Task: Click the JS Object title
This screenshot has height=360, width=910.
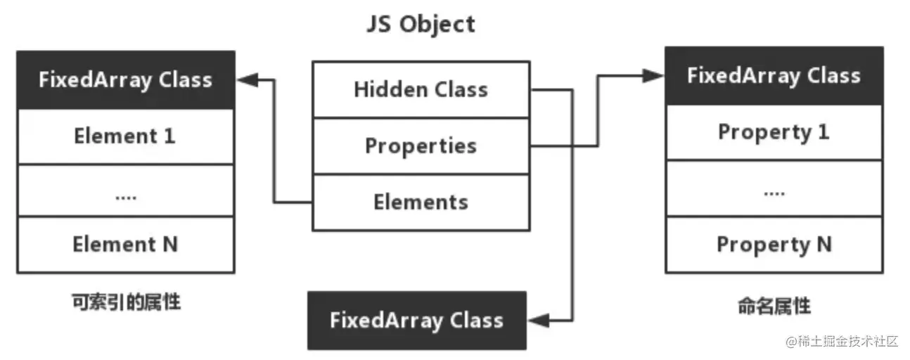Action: click(421, 24)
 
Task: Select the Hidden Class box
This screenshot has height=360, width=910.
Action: click(421, 89)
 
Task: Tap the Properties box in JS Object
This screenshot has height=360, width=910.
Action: click(421, 146)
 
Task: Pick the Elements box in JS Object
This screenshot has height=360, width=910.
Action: click(421, 202)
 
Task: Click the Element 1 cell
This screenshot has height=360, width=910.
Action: click(125, 136)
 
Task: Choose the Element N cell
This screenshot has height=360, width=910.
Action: click(125, 245)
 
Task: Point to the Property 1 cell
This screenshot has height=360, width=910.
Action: click(774, 132)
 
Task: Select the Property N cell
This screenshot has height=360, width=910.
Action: click(774, 245)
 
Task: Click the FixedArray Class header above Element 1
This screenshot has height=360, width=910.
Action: click(125, 79)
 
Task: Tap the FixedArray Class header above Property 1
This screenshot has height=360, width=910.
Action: click(774, 76)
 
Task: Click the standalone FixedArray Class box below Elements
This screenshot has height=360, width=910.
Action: click(416, 321)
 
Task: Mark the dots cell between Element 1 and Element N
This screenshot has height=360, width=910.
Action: click(125, 191)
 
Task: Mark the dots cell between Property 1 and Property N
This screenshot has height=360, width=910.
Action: click(774, 188)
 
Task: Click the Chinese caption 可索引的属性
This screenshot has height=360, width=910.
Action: click(126, 303)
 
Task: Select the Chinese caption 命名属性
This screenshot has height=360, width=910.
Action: click(774, 307)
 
